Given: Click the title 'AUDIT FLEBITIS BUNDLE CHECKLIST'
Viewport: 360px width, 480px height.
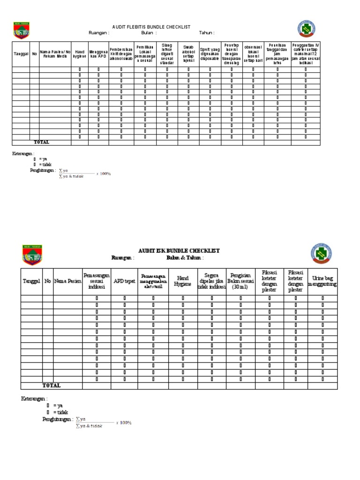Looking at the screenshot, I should pyautogui.click(x=150, y=27).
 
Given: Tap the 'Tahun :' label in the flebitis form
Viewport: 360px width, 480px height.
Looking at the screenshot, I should pyautogui.click(x=207, y=33).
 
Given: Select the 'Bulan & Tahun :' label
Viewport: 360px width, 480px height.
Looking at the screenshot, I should pyautogui.click(x=185, y=258).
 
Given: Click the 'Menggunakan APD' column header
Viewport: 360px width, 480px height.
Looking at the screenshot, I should pyautogui.click(x=98, y=54).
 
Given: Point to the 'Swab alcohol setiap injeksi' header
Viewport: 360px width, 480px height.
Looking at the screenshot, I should pyautogui.click(x=188, y=54).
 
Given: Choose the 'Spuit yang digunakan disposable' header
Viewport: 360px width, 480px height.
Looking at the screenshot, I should pyautogui.click(x=210, y=54).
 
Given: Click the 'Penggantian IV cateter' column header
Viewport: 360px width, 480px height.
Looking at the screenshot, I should pyautogui.click(x=306, y=54).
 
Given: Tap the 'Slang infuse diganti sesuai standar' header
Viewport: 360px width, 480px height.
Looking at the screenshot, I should pyautogui.click(x=166, y=54).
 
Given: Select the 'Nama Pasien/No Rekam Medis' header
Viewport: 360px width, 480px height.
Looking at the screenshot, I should pyautogui.click(x=55, y=54).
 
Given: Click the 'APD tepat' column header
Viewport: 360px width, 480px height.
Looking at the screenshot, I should pyautogui.click(x=124, y=281).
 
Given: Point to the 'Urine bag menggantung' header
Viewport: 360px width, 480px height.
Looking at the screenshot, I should pyautogui.click(x=323, y=281).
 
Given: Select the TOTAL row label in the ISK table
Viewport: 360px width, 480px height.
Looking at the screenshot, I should pyautogui.click(x=52, y=385).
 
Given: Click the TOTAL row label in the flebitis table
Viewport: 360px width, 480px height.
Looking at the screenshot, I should pyautogui.click(x=41, y=142).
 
